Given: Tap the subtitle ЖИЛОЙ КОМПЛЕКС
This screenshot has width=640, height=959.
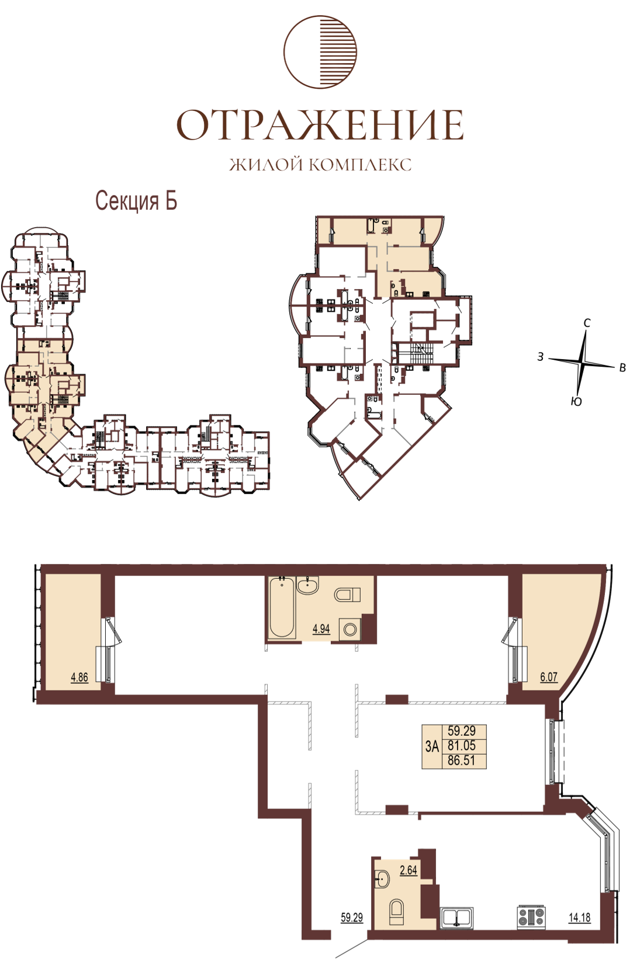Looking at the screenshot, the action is (320, 165).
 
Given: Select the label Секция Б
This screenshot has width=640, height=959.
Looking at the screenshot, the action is (136, 200).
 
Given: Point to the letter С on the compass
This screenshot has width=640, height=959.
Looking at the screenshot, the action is (587, 323).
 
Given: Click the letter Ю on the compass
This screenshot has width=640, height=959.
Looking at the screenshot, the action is (576, 402).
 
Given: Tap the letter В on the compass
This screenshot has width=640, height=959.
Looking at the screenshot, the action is (623, 368).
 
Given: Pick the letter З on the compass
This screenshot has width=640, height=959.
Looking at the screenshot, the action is (541, 356).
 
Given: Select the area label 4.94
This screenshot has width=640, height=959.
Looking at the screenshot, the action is (321, 629).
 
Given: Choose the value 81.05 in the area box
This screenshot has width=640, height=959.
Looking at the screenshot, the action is (462, 745).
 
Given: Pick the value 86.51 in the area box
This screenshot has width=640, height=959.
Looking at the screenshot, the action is (462, 760).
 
